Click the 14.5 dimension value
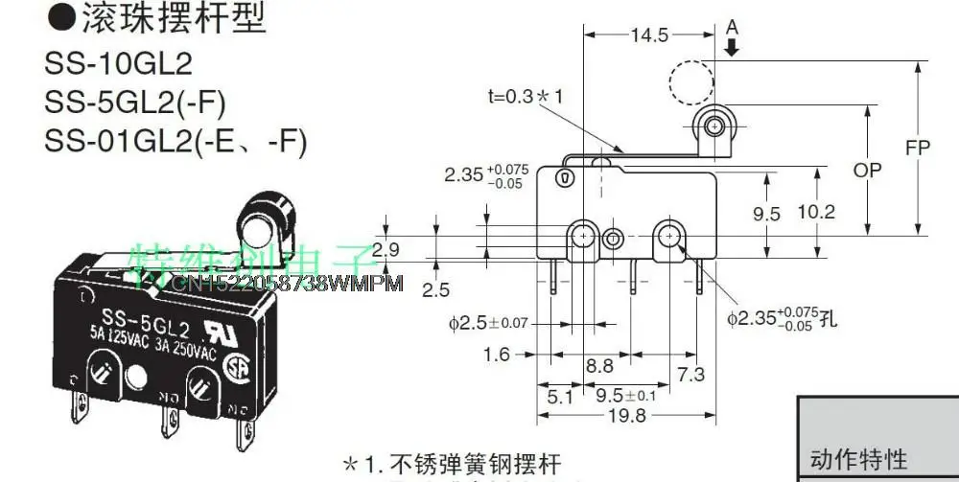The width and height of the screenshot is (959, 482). tap(649, 34)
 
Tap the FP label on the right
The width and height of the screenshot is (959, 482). tap(918, 149)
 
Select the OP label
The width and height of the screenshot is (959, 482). tap(867, 171)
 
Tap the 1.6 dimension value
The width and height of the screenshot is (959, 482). tap(496, 355)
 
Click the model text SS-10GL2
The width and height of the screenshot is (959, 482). tap(118, 63)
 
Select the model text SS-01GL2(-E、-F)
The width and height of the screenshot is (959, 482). tap(175, 141)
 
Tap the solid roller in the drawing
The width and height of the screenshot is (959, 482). tap(713, 125)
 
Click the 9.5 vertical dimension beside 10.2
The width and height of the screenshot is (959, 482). tap(766, 214)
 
